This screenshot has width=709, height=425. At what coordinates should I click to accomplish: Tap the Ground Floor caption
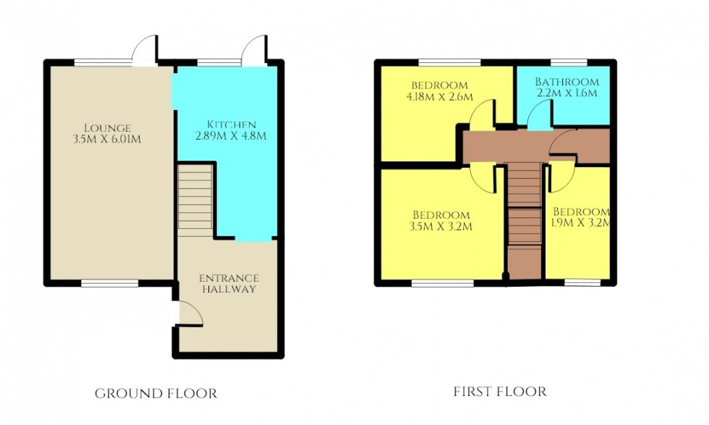[156, 393]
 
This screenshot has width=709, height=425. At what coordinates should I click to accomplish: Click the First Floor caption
[500, 392]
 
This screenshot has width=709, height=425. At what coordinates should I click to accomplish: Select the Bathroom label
[566, 82]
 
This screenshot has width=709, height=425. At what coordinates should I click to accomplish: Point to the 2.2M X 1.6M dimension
[566, 93]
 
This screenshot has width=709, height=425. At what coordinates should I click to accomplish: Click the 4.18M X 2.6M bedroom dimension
[439, 96]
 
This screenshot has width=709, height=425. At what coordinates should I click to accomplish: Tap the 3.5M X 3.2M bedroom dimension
[441, 227]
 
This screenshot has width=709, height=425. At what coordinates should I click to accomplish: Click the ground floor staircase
[195, 199]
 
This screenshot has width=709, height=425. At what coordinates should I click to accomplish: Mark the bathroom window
[569, 61]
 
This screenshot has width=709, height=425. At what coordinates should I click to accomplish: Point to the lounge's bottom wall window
[109, 284]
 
